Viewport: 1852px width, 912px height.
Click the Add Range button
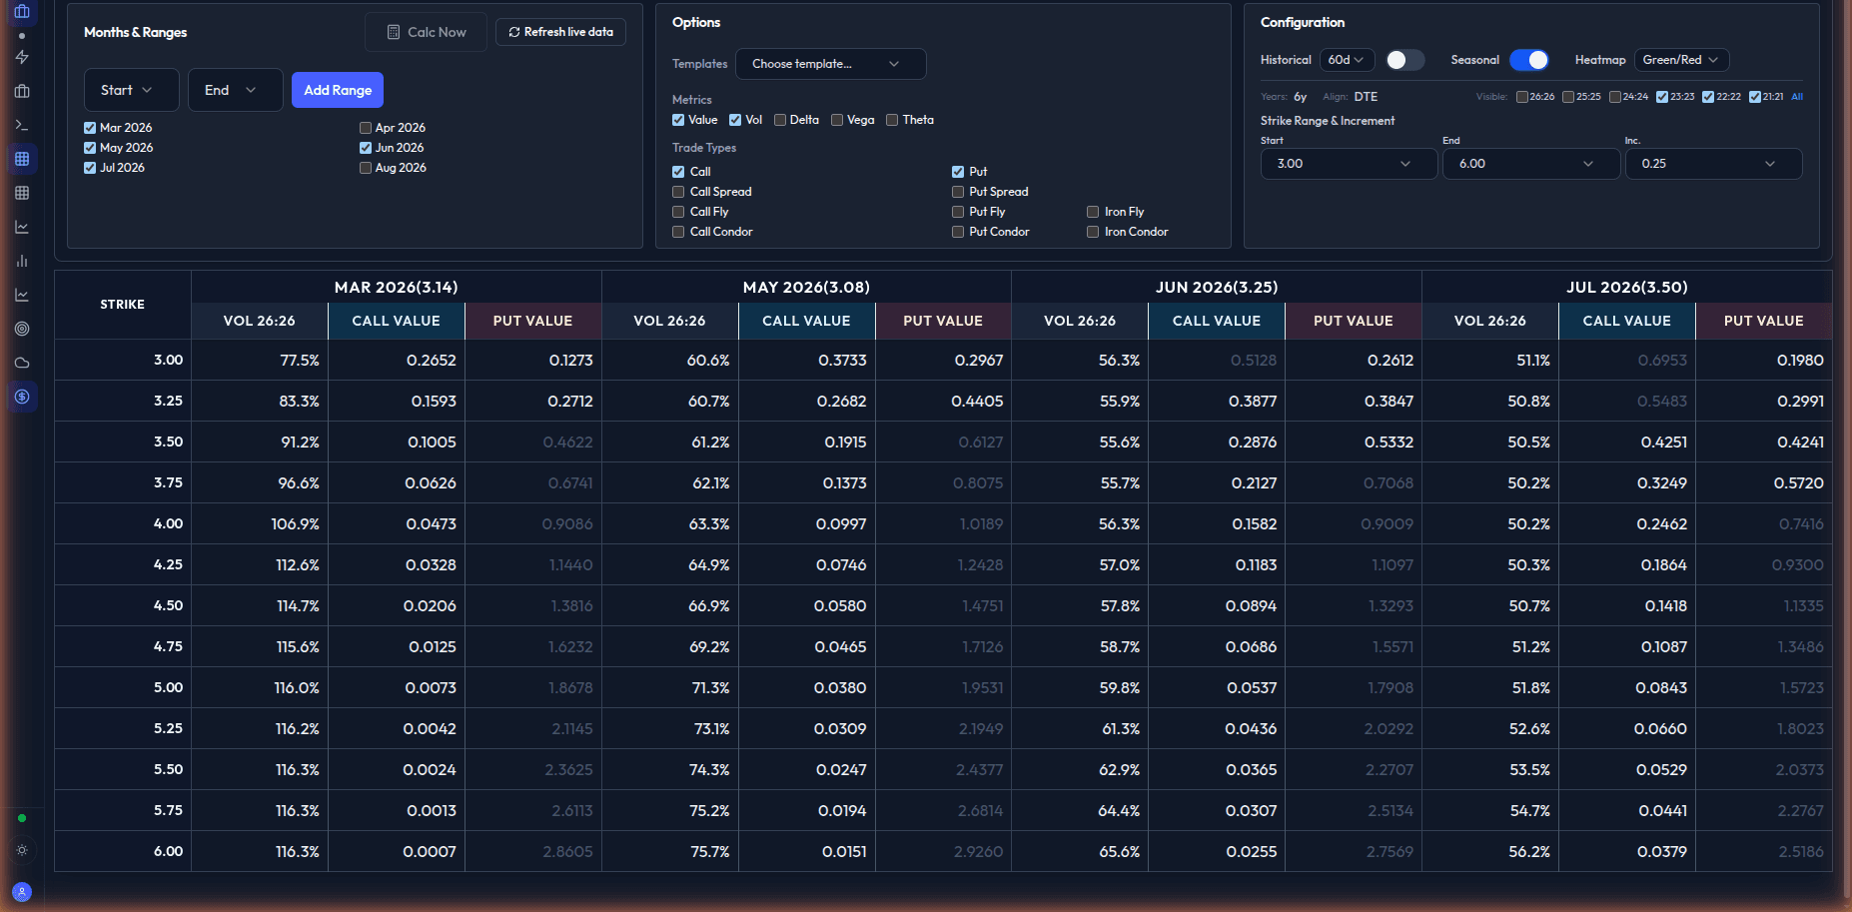click(337, 90)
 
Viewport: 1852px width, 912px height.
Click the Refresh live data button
click(560, 32)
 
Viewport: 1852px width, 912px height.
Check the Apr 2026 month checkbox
click(366, 128)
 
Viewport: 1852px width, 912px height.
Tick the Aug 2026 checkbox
click(366, 168)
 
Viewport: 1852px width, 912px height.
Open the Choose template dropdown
click(829, 64)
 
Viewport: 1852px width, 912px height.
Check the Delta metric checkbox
click(780, 120)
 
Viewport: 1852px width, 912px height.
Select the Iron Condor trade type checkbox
click(1093, 232)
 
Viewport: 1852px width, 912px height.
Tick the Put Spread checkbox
click(958, 192)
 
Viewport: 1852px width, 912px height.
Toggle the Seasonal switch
click(1528, 60)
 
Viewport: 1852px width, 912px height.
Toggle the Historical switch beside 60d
click(1403, 60)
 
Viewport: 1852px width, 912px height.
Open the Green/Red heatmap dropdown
click(1680, 60)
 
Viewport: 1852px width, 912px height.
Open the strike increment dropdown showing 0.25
click(1713, 164)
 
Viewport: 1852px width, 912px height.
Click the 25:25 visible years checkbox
click(1568, 97)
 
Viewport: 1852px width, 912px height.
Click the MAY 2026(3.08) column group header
click(806, 288)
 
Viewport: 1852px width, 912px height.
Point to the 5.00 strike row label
click(168, 687)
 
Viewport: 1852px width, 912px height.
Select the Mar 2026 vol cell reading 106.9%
click(295, 523)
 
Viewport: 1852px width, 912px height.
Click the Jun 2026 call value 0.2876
click(1252, 442)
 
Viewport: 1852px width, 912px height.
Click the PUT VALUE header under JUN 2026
click(1353, 321)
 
